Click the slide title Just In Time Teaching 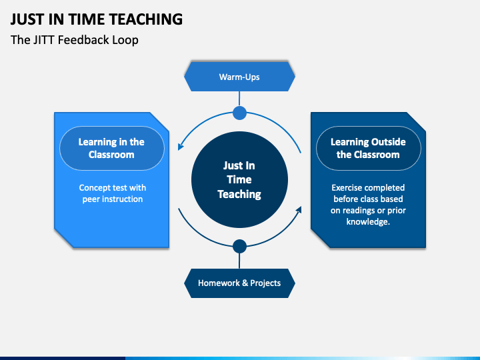(97, 19)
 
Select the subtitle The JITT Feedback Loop (75, 40)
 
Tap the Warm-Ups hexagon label (239, 77)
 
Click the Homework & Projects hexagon (239, 283)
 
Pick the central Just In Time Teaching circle (239, 179)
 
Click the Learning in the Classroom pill (111, 148)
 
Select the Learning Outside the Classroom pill (367, 148)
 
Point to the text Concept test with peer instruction (112, 193)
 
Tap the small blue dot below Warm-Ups (239, 113)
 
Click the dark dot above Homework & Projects (239, 247)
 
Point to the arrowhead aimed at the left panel (181, 147)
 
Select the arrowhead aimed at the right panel (299, 211)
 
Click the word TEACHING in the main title (143, 19)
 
